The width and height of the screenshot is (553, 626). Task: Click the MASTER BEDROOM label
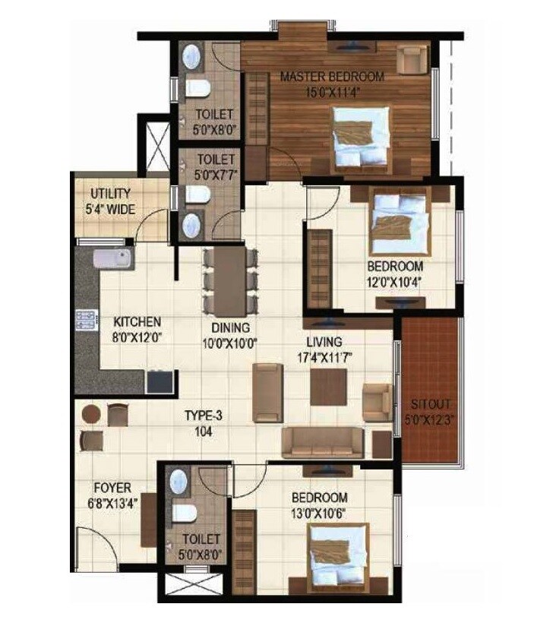[x=332, y=77]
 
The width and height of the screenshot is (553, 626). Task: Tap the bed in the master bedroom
[x=361, y=136]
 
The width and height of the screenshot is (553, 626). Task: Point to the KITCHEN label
[x=137, y=321]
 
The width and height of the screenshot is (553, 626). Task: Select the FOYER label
[x=112, y=488]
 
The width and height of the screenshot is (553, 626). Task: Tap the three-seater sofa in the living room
[x=323, y=441]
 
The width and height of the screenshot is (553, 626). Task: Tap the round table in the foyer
[x=91, y=415]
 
